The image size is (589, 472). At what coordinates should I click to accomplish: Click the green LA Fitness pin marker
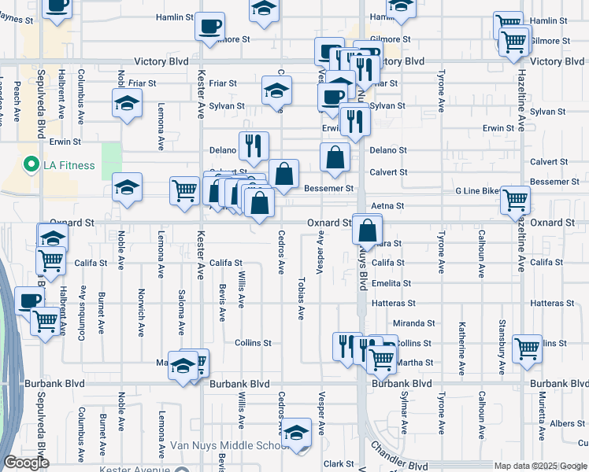tap(31, 165)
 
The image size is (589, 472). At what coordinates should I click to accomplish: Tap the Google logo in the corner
tap(26, 463)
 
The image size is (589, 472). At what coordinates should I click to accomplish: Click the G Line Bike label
tap(478, 191)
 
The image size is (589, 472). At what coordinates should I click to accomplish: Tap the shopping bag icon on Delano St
tap(335, 156)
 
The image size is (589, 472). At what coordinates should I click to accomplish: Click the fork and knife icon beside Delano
tap(254, 145)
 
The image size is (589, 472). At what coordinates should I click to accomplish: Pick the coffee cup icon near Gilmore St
tap(209, 26)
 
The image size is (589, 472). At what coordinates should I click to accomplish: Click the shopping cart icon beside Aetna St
tap(514, 200)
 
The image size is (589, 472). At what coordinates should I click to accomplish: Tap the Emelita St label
tap(391, 283)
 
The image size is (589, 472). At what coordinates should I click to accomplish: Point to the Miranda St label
tap(414, 323)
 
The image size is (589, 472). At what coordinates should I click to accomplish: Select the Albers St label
tap(567, 424)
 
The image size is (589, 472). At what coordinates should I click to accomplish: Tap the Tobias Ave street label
tap(300, 298)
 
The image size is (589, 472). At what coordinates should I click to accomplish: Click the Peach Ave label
tap(17, 104)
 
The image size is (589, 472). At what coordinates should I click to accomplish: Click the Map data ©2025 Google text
tap(539, 466)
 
